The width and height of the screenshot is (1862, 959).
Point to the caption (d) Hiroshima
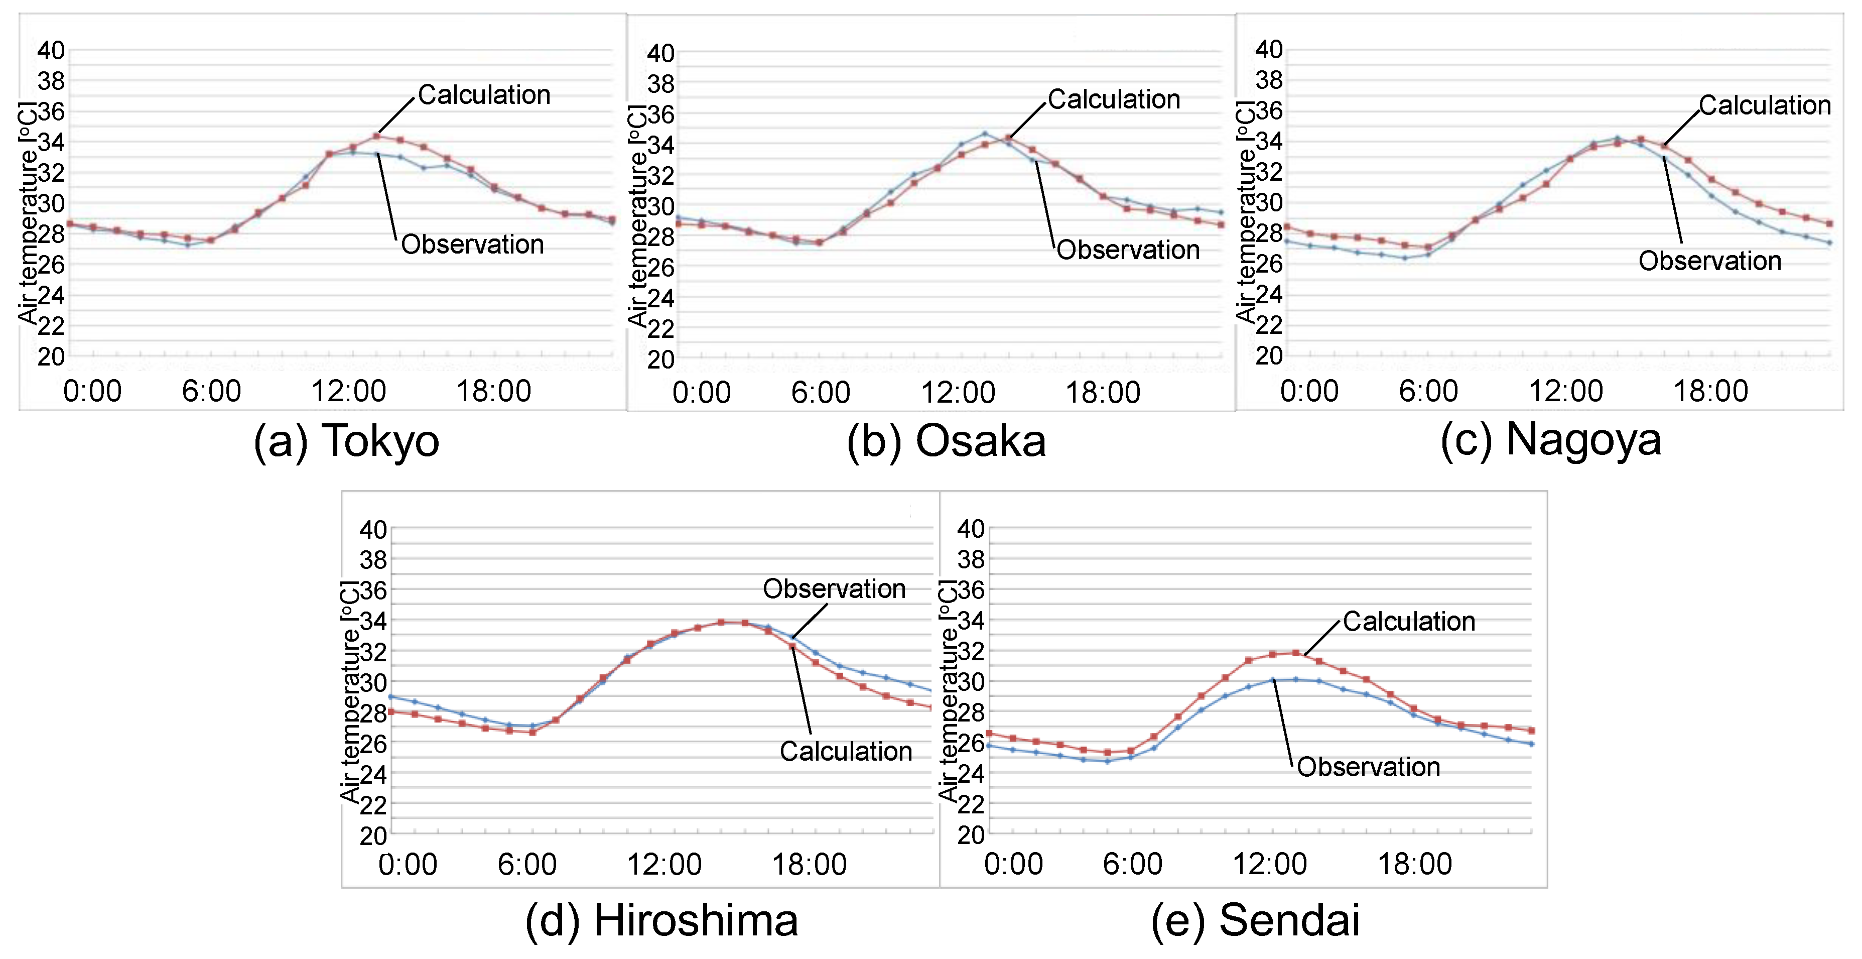click(661, 920)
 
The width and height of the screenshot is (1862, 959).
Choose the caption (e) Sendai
click(1256, 920)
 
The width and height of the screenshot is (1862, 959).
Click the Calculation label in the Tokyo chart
click(484, 95)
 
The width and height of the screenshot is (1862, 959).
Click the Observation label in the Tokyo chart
click(472, 245)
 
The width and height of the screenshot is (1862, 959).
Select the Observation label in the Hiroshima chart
click(834, 589)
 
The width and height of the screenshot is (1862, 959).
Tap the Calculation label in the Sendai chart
click(1409, 621)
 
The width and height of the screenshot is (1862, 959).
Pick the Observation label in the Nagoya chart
click(1709, 261)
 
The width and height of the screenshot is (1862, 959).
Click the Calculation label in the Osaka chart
click(1114, 99)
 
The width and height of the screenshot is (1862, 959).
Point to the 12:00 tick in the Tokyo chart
click(348, 391)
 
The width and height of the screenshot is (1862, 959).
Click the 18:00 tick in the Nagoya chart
click(1710, 391)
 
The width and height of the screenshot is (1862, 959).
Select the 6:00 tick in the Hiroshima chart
click(527, 864)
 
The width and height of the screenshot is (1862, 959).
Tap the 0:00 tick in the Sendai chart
click(1013, 864)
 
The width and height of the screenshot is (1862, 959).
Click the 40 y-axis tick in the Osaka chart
click(660, 53)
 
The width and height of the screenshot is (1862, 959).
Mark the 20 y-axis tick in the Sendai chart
click(970, 835)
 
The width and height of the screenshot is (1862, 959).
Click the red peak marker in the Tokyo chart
click(376, 135)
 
